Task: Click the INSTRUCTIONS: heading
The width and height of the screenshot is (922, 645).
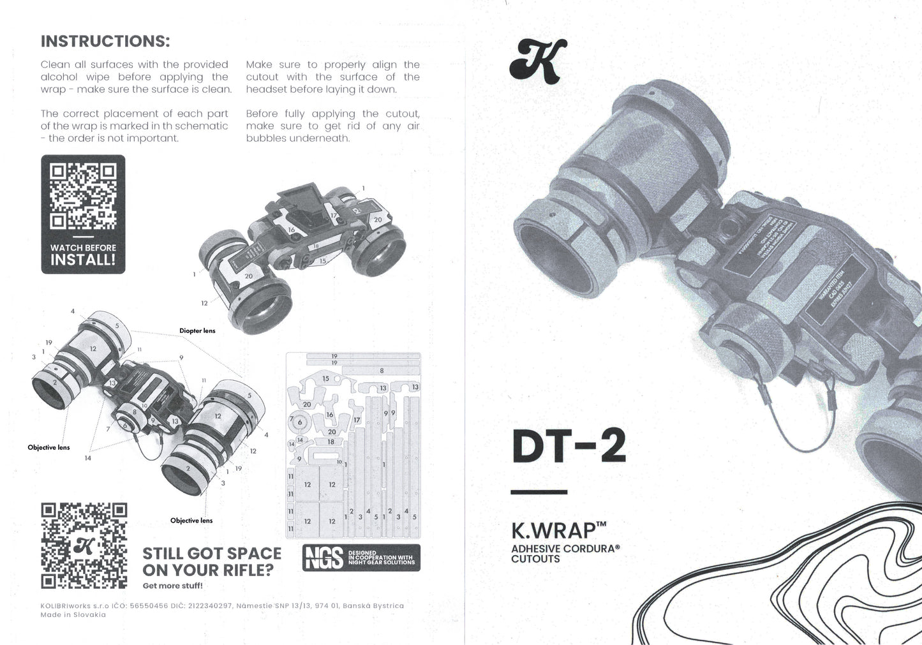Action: coord(105,41)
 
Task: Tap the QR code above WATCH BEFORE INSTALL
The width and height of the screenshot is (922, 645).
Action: coord(83,196)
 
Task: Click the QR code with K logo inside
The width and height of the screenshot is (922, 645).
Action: coord(84,545)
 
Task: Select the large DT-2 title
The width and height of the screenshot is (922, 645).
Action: coord(569,446)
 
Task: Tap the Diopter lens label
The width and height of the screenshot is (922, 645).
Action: coord(197,330)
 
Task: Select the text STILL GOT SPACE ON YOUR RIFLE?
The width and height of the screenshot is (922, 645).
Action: coord(211,561)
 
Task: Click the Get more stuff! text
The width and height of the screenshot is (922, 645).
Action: coord(172,586)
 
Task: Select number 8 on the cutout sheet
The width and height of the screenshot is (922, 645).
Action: coord(382,371)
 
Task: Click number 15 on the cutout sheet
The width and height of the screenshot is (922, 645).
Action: coord(325,379)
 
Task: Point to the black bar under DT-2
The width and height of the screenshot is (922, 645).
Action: coord(539,492)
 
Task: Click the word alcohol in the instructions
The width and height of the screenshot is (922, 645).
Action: coord(59,77)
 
